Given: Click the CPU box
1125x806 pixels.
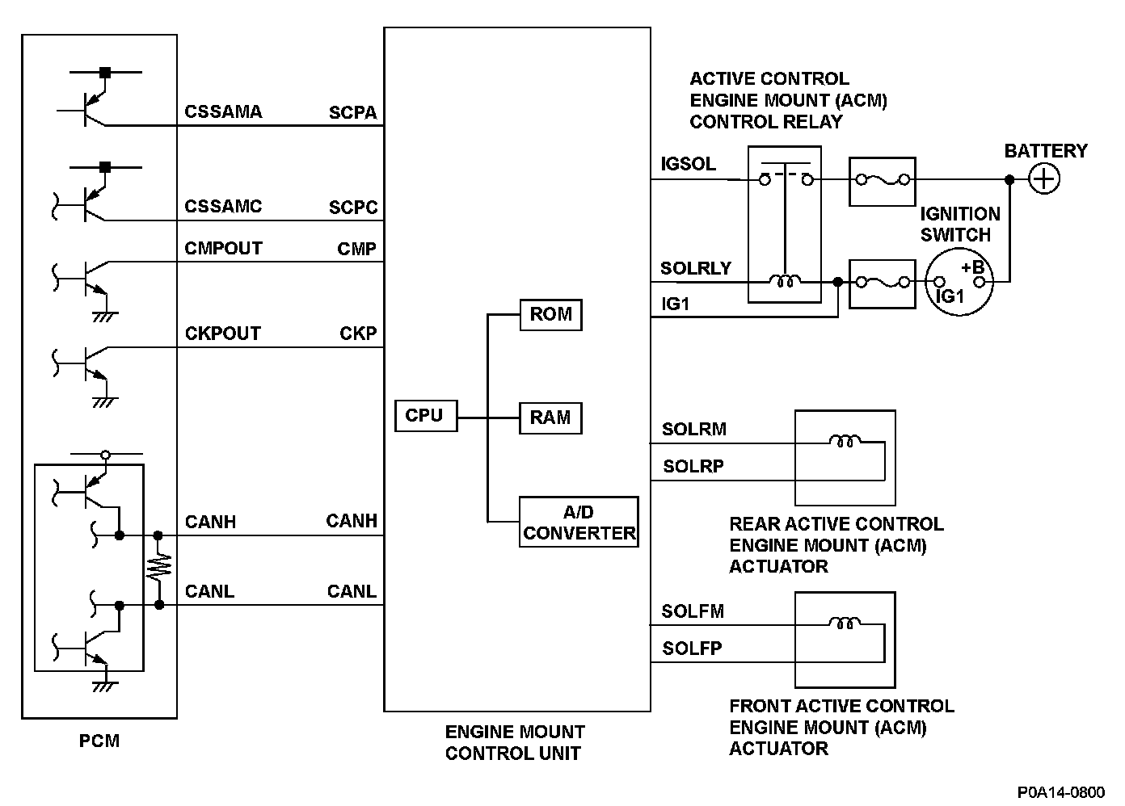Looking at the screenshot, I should [x=425, y=416].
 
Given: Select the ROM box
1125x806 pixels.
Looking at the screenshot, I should [x=550, y=314].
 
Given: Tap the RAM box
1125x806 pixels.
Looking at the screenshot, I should [x=550, y=418].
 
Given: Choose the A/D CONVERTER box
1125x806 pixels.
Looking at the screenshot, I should [x=579, y=523].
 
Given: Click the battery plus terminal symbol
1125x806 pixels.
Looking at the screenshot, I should [x=1044, y=179].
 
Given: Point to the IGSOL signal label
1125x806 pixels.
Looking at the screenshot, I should [x=688, y=164].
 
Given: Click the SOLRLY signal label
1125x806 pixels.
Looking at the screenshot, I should [x=695, y=268].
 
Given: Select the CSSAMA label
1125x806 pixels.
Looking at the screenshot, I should [x=223, y=112].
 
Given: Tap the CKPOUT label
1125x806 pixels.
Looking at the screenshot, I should [x=222, y=334].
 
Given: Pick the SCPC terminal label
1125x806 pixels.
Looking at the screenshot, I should [x=353, y=208].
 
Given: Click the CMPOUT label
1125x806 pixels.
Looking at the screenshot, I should [x=223, y=249].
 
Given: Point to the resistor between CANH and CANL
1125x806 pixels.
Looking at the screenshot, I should [x=158, y=569].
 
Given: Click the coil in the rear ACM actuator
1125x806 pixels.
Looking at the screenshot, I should [x=845, y=441].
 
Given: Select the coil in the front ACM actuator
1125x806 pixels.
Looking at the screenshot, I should [x=845, y=623].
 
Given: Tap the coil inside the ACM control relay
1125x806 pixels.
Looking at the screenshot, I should [x=784, y=281].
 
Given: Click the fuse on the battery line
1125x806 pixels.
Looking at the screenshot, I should [x=882, y=180].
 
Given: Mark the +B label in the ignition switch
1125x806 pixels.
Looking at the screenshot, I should [x=972, y=267].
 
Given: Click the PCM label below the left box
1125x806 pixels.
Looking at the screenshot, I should [x=99, y=741].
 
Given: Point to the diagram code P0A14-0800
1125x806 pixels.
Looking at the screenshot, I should [x=1061, y=792].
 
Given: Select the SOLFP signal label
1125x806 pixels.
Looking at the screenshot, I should [x=692, y=649].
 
